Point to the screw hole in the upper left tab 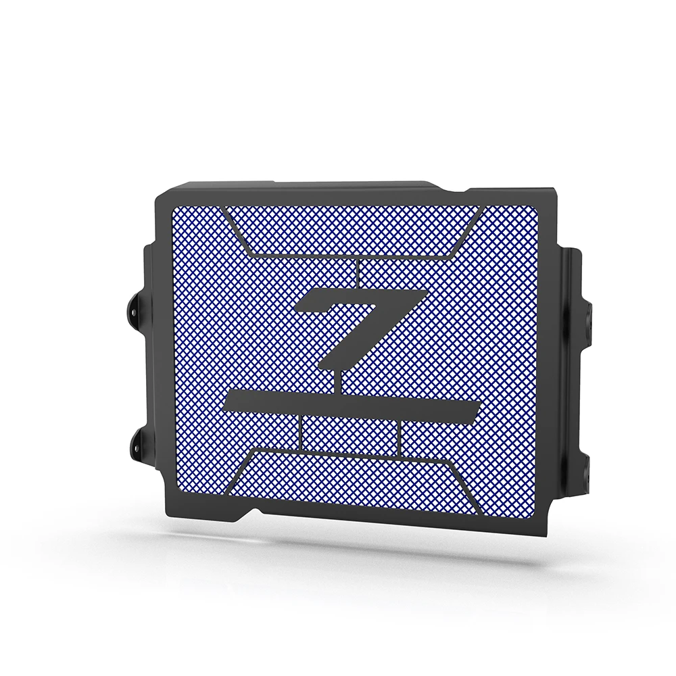pos(133,311)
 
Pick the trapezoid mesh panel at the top pos(354,230)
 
